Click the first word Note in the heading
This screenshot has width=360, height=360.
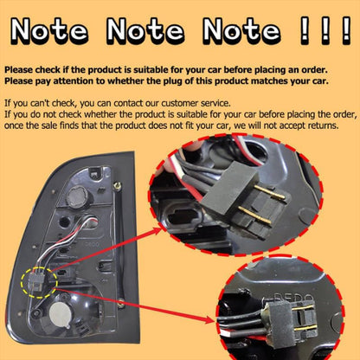tap(49, 30)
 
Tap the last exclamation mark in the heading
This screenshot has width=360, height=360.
tap(347, 30)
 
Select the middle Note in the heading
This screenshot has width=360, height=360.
tap(145, 30)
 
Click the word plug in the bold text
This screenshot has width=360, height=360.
tap(171, 81)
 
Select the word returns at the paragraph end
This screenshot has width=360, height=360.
tap(324, 125)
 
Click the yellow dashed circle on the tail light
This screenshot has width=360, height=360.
tap(39, 283)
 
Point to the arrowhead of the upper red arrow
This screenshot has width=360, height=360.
tap(157, 230)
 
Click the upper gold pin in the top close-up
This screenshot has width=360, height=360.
tap(270, 192)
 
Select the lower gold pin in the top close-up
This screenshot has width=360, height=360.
tap(255, 215)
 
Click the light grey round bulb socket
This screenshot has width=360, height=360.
tap(60, 314)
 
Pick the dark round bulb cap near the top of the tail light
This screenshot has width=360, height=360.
tap(77, 196)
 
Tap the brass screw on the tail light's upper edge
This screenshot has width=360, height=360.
tap(117, 185)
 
